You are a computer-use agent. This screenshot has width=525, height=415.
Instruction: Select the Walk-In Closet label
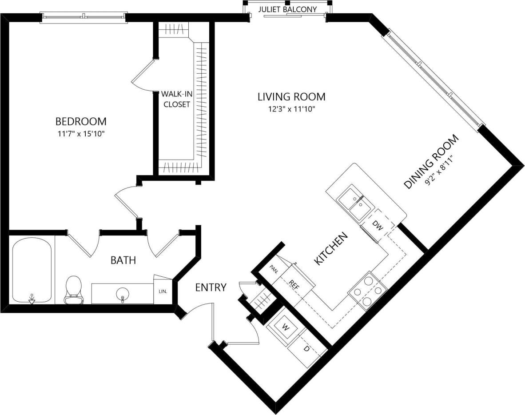[176, 99]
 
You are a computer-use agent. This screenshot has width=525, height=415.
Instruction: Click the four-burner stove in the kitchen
[368, 291]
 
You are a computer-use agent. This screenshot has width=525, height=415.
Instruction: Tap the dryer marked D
[306, 349]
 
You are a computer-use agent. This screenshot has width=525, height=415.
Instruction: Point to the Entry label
[211, 287]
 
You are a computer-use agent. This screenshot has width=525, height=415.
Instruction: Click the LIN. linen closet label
[163, 291]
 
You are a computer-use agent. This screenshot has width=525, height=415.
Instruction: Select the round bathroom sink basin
[122, 293]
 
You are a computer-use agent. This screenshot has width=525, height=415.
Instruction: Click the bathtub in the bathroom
[32, 271]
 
